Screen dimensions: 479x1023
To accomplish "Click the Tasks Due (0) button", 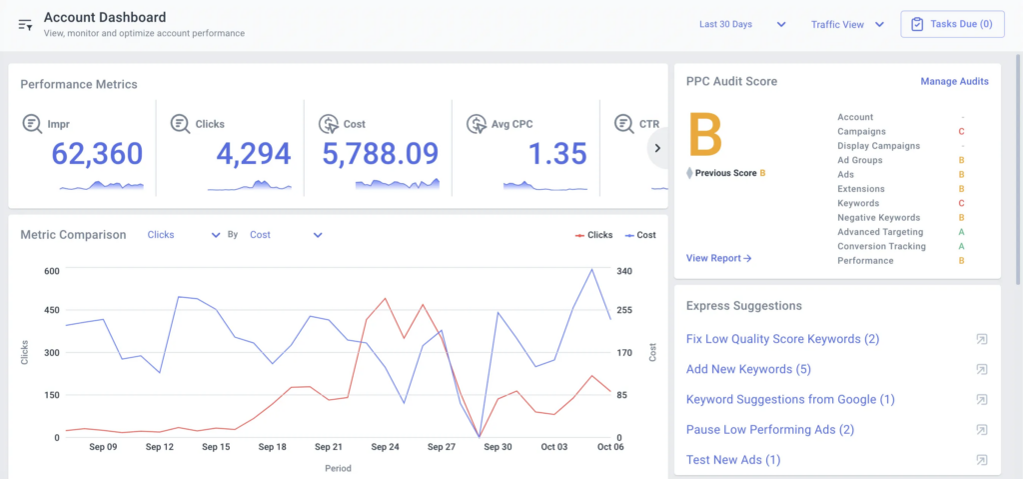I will click(x=951, y=24).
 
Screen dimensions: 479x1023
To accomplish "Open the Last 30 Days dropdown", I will click(x=742, y=24).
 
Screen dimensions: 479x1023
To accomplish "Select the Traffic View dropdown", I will click(x=847, y=24).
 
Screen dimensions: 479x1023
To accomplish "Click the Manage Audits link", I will click(x=954, y=81).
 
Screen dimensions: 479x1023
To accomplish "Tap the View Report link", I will click(x=718, y=258).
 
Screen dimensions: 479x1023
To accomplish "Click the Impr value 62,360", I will click(x=97, y=154).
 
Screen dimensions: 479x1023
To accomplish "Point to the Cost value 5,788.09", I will click(x=380, y=154).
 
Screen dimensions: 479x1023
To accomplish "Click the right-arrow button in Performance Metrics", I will click(x=657, y=148).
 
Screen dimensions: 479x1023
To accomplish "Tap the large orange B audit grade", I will click(x=707, y=135).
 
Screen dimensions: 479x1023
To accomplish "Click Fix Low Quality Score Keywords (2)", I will click(x=782, y=339).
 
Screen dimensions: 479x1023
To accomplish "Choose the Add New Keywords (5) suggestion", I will click(x=747, y=369).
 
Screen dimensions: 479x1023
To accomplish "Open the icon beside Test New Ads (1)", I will click(x=981, y=460).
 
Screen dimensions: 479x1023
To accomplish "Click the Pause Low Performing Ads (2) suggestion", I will click(x=769, y=429).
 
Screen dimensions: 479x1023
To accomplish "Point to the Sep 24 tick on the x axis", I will click(x=385, y=447).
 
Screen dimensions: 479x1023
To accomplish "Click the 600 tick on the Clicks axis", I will click(x=50, y=271).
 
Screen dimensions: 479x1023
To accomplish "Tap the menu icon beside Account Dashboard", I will click(x=25, y=24).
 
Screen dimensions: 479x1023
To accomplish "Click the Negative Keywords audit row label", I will click(x=878, y=217).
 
